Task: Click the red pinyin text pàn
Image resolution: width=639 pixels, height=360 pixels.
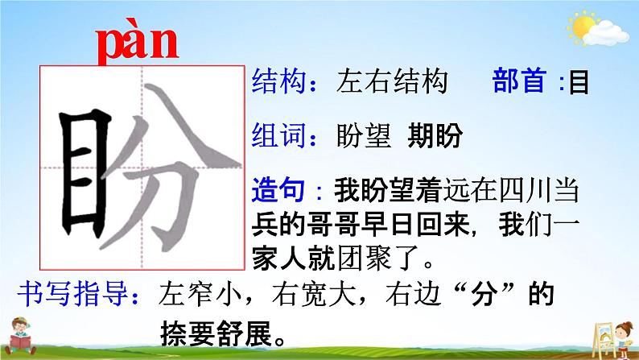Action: pos(138,42)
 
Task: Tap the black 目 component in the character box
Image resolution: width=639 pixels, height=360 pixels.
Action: pos(85,173)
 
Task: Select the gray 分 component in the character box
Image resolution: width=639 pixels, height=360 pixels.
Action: pos(171,168)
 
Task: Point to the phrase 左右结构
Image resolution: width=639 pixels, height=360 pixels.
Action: pos(392,81)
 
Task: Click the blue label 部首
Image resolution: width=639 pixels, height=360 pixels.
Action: pos(520,81)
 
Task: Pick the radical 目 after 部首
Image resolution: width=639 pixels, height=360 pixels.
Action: pos(579,83)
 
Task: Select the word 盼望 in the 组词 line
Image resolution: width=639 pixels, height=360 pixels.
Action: pos(364,135)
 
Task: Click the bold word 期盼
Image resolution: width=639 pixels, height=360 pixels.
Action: pos(435,135)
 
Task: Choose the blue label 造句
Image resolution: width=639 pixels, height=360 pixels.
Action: pos(278,190)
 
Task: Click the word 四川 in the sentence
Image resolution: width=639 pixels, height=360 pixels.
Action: pos(525,190)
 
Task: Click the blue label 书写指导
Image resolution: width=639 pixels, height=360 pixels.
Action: pos(72,293)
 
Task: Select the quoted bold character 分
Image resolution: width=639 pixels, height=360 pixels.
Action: pos(484,294)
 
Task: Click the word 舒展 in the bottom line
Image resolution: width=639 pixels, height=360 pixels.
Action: pos(244,333)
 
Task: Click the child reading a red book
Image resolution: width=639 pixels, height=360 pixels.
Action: pos(20,336)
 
